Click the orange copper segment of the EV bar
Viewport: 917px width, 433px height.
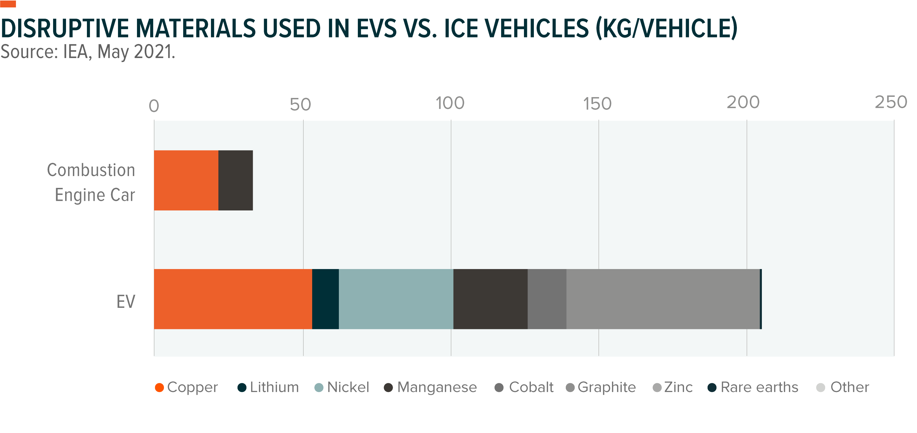click(233, 299)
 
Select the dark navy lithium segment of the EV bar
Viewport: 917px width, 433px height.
click(325, 299)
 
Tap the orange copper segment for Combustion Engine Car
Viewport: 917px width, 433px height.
click(186, 180)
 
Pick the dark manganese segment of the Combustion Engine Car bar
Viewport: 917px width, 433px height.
click(236, 180)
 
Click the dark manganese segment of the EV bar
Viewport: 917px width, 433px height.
click(490, 299)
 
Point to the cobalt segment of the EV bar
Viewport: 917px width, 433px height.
click(547, 299)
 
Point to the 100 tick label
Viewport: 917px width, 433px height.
click(450, 103)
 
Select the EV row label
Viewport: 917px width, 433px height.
click(126, 302)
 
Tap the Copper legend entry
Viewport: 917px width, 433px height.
click(186, 387)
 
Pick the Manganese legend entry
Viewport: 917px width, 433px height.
click(430, 387)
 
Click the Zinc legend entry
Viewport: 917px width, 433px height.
click(672, 387)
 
